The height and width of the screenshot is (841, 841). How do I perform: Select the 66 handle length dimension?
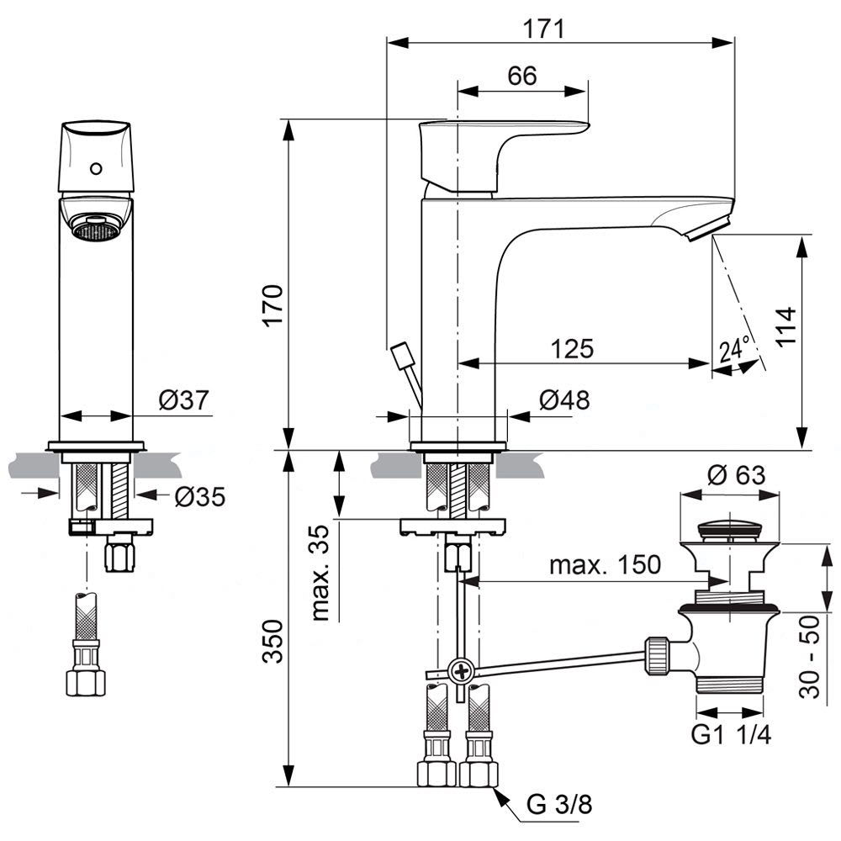[x=521, y=76]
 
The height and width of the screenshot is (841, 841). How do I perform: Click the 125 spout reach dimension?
[x=572, y=348]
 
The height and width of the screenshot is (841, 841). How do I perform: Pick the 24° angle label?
[x=734, y=348]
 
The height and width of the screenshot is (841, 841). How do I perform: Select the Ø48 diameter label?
[x=564, y=400]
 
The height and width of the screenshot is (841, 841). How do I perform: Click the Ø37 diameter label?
[x=182, y=401]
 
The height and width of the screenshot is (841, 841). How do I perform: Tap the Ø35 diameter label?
[x=199, y=497]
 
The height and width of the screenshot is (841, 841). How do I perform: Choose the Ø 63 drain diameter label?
[x=737, y=475]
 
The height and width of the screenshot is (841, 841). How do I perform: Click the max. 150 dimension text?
[x=605, y=565]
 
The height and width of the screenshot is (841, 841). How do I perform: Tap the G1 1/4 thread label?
[x=731, y=733]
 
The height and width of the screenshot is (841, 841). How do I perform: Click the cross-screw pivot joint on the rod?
[x=461, y=671]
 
